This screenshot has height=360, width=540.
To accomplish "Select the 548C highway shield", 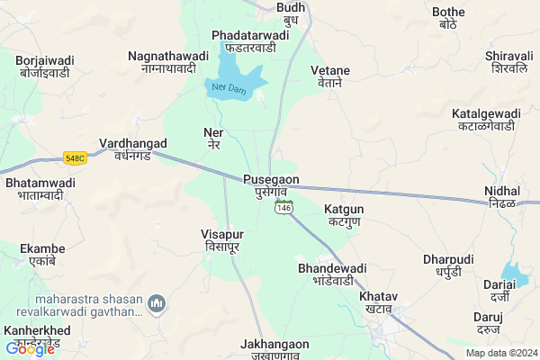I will pos(75,159).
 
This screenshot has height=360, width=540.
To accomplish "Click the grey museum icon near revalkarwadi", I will pos(157,303).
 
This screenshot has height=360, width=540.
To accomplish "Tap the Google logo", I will pos(29,348).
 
